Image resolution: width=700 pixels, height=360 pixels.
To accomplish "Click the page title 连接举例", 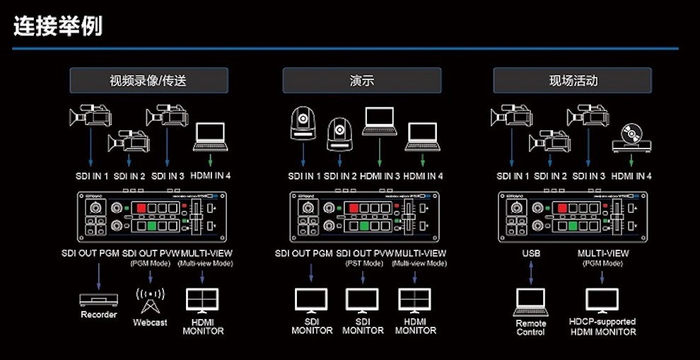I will (x=58, y=25).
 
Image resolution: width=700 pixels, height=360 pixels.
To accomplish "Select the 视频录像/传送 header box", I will (x=148, y=81).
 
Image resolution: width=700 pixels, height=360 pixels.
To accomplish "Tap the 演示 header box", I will (x=361, y=81).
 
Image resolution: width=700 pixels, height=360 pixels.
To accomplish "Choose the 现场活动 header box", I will (x=573, y=81).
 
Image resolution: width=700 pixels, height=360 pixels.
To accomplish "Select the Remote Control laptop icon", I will (x=531, y=301).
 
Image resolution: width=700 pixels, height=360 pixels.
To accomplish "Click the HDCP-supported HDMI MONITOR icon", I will (x=602, y=301).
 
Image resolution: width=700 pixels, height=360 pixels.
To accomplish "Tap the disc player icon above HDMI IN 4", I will (x=631, y=137).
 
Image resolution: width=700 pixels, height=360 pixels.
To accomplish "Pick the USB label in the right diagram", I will (x=531, y=253).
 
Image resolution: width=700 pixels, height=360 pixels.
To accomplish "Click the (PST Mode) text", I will (x=364, y=263).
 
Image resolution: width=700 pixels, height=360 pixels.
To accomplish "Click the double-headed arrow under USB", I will (x=531, y=273).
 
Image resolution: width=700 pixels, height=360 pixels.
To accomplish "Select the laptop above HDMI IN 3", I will (x=380, y=121).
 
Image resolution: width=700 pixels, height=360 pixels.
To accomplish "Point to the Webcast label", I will (x=150, y=323).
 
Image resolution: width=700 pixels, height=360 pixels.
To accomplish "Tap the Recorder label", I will (x=98, y=314).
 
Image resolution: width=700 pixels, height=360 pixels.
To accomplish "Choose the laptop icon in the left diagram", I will (x=210, y=137).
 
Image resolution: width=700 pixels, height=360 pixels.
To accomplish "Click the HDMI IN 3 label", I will (x=380, y=176).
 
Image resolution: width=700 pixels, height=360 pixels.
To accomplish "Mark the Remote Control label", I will (x=531, y=327).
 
